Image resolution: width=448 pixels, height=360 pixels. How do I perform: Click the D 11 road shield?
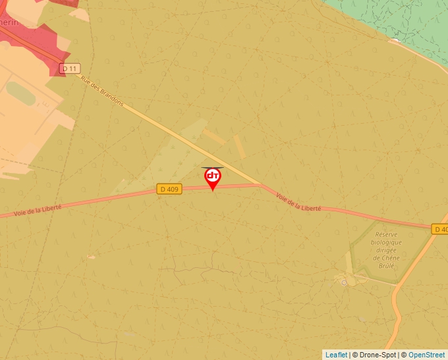click(x=69, y=68)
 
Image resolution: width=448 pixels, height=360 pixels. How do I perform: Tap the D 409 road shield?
click(x=169, y=190)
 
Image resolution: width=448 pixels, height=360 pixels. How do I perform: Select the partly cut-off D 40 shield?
click(x=440, y=229)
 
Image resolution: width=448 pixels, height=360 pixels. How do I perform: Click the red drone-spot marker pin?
click(x=212, y=178)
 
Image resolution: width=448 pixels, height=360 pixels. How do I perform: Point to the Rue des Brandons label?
click(x=102, y=90)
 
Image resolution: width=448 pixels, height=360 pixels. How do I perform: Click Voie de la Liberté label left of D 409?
click(x=38, y=211)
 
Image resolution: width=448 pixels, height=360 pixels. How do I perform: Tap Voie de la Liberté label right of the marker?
click(x=298, y=202)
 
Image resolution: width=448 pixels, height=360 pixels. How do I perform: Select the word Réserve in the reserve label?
click(x=386, y=234)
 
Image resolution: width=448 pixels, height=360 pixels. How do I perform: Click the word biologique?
click(x=387, y=242)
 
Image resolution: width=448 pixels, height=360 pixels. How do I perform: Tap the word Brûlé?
click(x=387, y=266)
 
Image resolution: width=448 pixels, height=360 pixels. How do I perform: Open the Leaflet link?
click(x=336, y=355)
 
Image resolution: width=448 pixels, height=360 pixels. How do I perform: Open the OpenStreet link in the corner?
click(x=426, y=355)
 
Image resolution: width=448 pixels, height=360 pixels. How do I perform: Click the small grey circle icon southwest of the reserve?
click(x=344, y=282)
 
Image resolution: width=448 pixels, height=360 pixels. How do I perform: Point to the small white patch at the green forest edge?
click(x=394, y=41)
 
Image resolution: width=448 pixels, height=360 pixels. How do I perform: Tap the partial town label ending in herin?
click(x=9, y=22)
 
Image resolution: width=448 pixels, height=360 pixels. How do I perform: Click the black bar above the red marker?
click(x=212, y=167)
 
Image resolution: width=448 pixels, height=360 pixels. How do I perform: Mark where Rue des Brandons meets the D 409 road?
click(x=261, y=185)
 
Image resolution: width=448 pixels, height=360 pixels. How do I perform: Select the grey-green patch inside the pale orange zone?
click(x=20, y=93)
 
